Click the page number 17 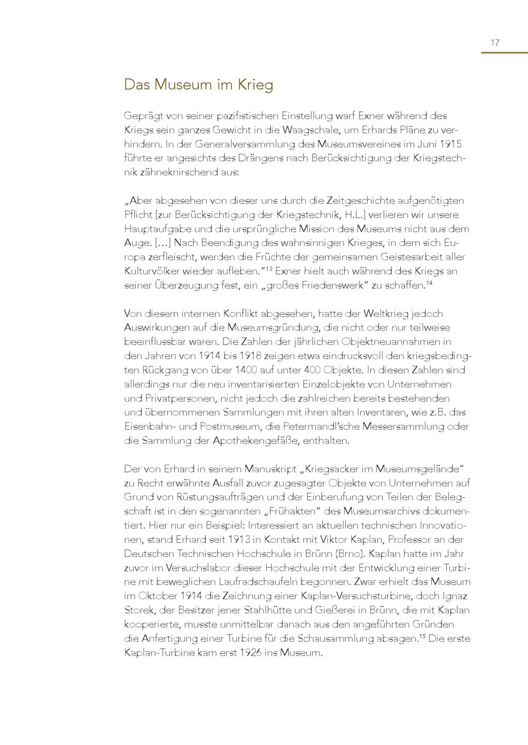(495, 43)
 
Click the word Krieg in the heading (256, 84)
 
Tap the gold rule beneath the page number (504, 53)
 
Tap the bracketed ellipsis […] (158, 243)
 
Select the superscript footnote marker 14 (430, 284)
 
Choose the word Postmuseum (204, 427)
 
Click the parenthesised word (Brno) (349, 554)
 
